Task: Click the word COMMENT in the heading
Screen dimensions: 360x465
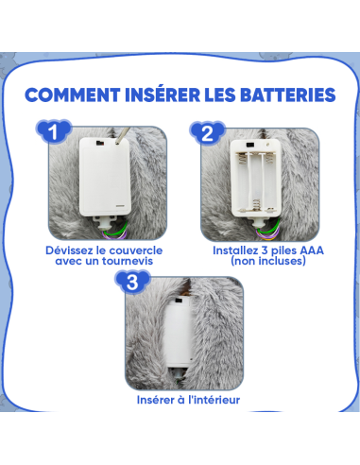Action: pos(73,95)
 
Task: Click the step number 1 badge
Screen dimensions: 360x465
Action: pos(54,131)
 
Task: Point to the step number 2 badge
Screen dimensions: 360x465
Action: pos(207,132)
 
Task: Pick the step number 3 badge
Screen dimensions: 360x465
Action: pos(132,282)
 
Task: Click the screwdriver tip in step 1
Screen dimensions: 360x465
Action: pos(117,143)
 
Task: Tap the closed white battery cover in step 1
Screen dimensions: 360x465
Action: pos(105,177)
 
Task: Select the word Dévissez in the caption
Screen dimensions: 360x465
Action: pos(69,250)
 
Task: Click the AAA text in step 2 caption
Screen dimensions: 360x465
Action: pos(312,250)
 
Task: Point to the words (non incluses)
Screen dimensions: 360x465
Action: pos(268,261)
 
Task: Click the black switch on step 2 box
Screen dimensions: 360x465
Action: pos(250,146)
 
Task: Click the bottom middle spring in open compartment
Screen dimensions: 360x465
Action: pos(256,204)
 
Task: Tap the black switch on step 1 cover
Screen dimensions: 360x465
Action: pos(100,143)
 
